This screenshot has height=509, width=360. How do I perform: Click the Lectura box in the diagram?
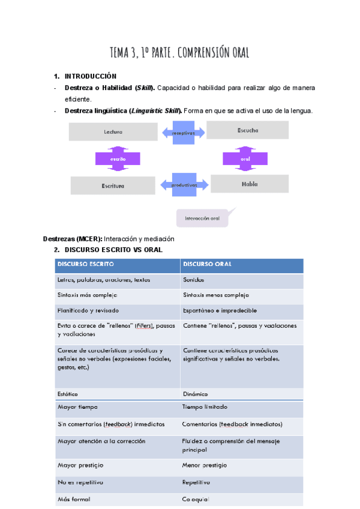click(x=113, y=131)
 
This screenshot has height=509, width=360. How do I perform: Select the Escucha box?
click(x=247, y=130)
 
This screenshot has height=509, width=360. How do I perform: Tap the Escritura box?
click(x=113, y=185)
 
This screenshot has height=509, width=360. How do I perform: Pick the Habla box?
click(x=250, y=184)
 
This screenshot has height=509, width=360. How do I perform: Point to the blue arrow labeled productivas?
click(x=184, y=185)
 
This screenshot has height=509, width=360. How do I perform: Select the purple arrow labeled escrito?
click(x=118, y=159)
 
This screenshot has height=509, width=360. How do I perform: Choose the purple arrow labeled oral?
click(x=245, y=158)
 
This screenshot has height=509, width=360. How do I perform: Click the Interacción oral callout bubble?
click(x=204, y=218)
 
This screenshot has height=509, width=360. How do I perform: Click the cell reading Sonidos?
click(x=242, y=280)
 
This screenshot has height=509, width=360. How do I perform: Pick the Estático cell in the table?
click(x=117, y=394)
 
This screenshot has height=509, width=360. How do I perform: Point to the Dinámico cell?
click(x=242, y=394)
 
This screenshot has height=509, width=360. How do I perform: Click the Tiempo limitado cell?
click(x=242, y=406)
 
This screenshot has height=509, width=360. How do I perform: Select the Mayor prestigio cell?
click(x=117, y=465)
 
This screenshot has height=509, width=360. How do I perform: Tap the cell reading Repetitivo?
click(x=242, y=482)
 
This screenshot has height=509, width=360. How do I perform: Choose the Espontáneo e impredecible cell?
click(x=242, y=310)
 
